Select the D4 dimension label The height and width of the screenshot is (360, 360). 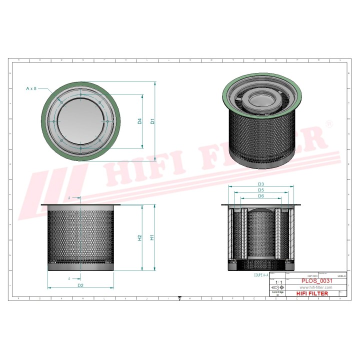140,121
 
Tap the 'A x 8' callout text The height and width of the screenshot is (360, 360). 31,88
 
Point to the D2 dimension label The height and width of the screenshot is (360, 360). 80,285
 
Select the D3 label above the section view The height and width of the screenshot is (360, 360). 260,184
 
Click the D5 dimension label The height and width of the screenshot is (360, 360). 260,190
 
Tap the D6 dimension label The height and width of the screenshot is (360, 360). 260,196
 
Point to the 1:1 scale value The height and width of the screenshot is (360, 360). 277,283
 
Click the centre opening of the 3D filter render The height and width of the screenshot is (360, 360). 261,98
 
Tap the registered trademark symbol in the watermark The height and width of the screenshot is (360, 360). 328,123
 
